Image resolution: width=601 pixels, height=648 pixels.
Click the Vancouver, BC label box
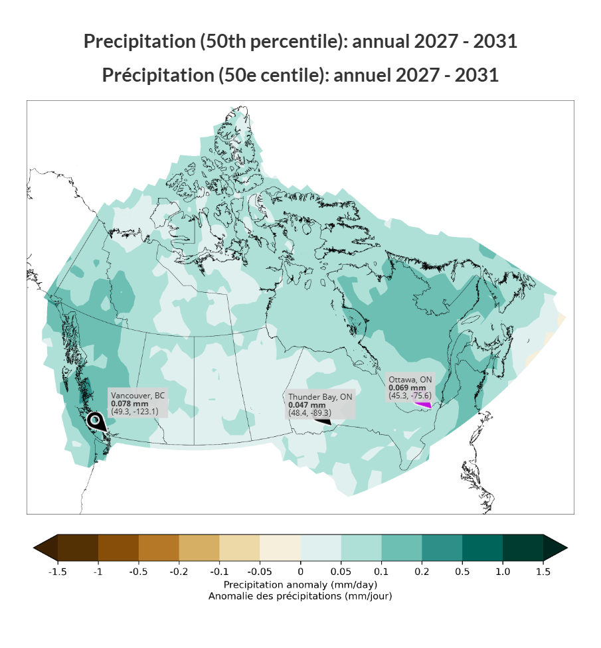tap(138, 403)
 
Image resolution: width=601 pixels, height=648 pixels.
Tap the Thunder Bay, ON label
tap(320, 405)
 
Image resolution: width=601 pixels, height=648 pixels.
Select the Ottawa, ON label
tap(410, 388)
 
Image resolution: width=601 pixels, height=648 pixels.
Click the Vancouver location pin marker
tap(96, 420)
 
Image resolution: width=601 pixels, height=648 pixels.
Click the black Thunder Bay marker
tap(322, 420)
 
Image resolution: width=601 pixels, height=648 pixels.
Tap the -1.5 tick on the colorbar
tap(58, 572)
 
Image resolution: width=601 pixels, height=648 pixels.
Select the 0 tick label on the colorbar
tap(300, 572)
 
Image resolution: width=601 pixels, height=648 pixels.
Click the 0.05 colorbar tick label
tap(341, 572)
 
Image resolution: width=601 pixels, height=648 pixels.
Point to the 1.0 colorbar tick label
tap(503, 572)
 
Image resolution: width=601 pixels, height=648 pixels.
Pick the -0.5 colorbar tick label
tap(139, 572)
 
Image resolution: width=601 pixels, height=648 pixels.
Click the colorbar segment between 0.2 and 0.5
tap(442, 548)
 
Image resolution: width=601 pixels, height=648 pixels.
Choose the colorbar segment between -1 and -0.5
tap(118, 548)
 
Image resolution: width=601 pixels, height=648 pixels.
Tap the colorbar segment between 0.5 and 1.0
tap(482, 548)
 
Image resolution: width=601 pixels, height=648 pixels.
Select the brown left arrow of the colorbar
tap(45, 548)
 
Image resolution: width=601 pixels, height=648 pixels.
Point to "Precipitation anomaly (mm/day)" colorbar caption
tap(300, 585)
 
